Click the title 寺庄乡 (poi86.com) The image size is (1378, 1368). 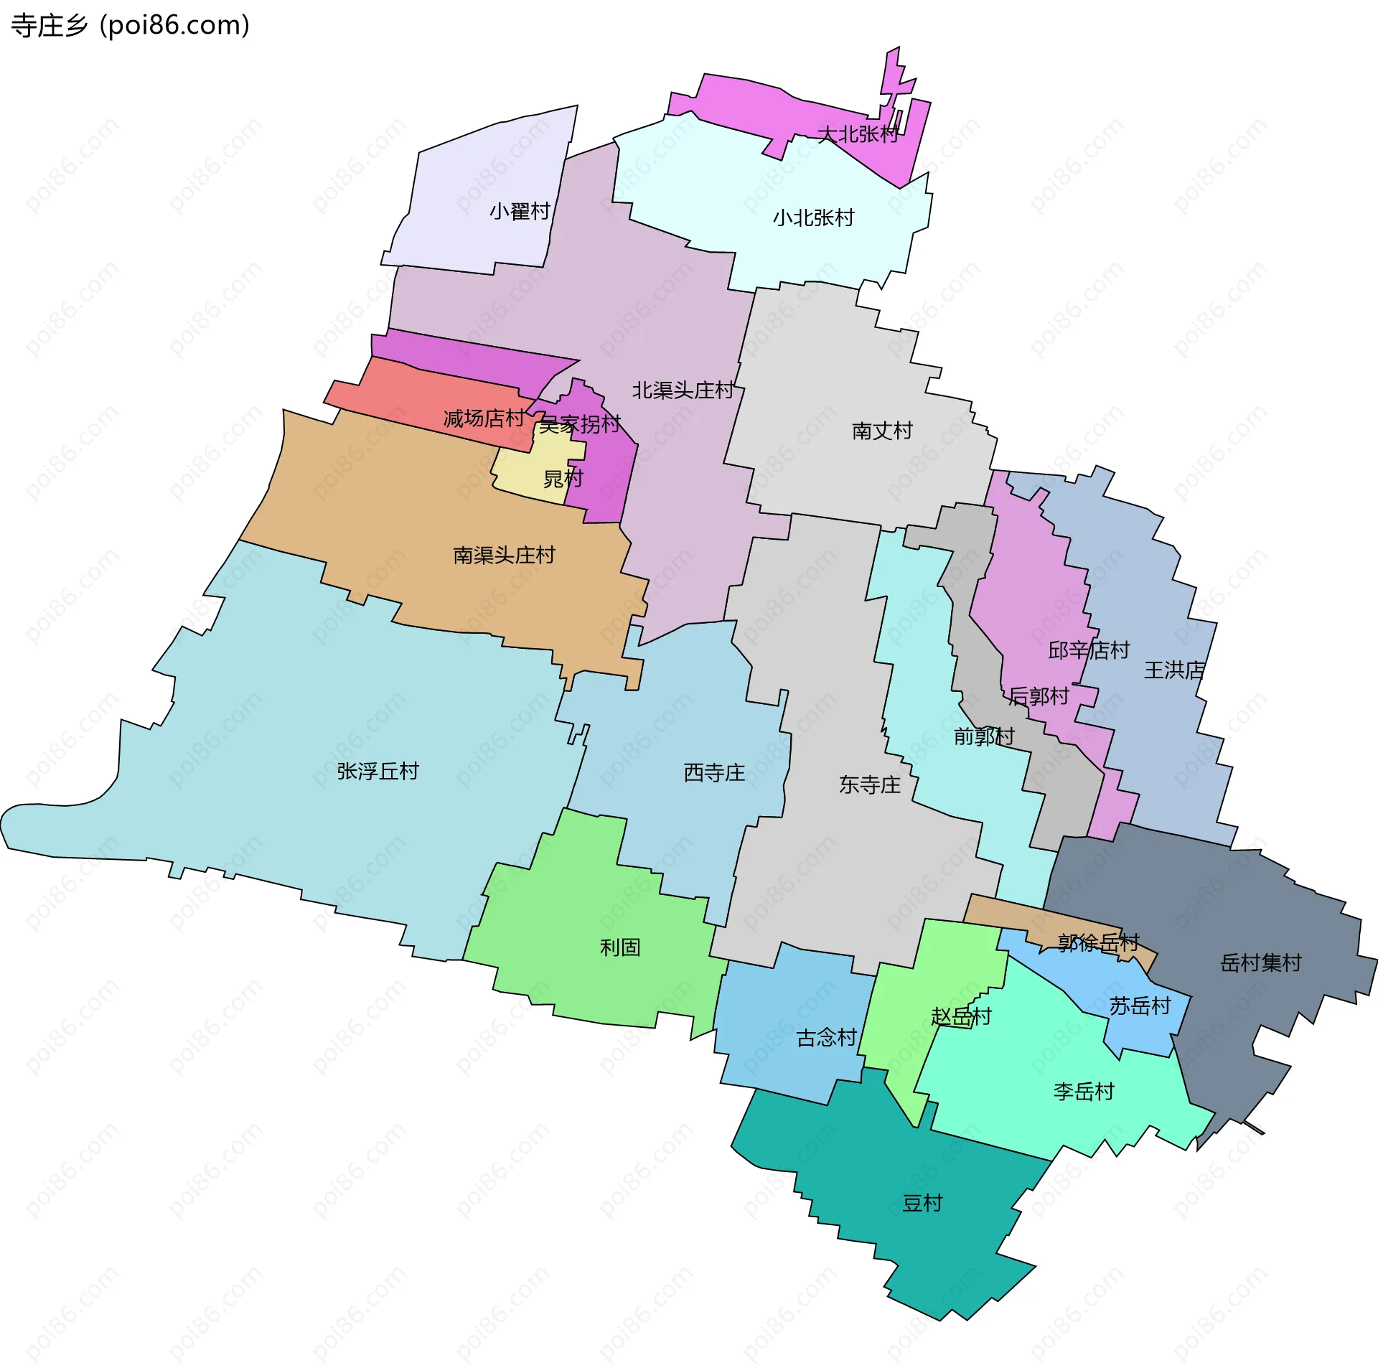tap(130, 26)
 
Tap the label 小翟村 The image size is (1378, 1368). tap(520, 211)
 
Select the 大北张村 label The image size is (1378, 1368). tap(858, 134)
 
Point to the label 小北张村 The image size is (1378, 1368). tap(813, 217)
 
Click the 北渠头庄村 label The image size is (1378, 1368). tap(683, 390)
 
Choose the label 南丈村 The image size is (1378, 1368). tap(882, 431)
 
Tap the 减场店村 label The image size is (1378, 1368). tap(484, 418)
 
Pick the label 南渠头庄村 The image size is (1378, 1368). tap(504, 555)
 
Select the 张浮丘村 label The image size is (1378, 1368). tap(378, 771)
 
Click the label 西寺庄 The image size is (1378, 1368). tap(714, 772)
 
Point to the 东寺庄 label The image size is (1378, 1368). tap(869, 784)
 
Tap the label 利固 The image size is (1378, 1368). tap(620, 947)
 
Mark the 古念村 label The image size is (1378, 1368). tap(826, 1038)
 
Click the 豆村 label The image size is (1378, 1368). tap(922, 1203)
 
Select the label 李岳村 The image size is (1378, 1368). tap(1084, 1092)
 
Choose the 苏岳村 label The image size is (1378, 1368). tap(1140, 1006)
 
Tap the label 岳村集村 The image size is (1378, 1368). tap(1261, 962)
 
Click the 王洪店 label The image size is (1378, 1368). tap(1174, 670)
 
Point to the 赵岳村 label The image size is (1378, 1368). tap(961, 1016)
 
